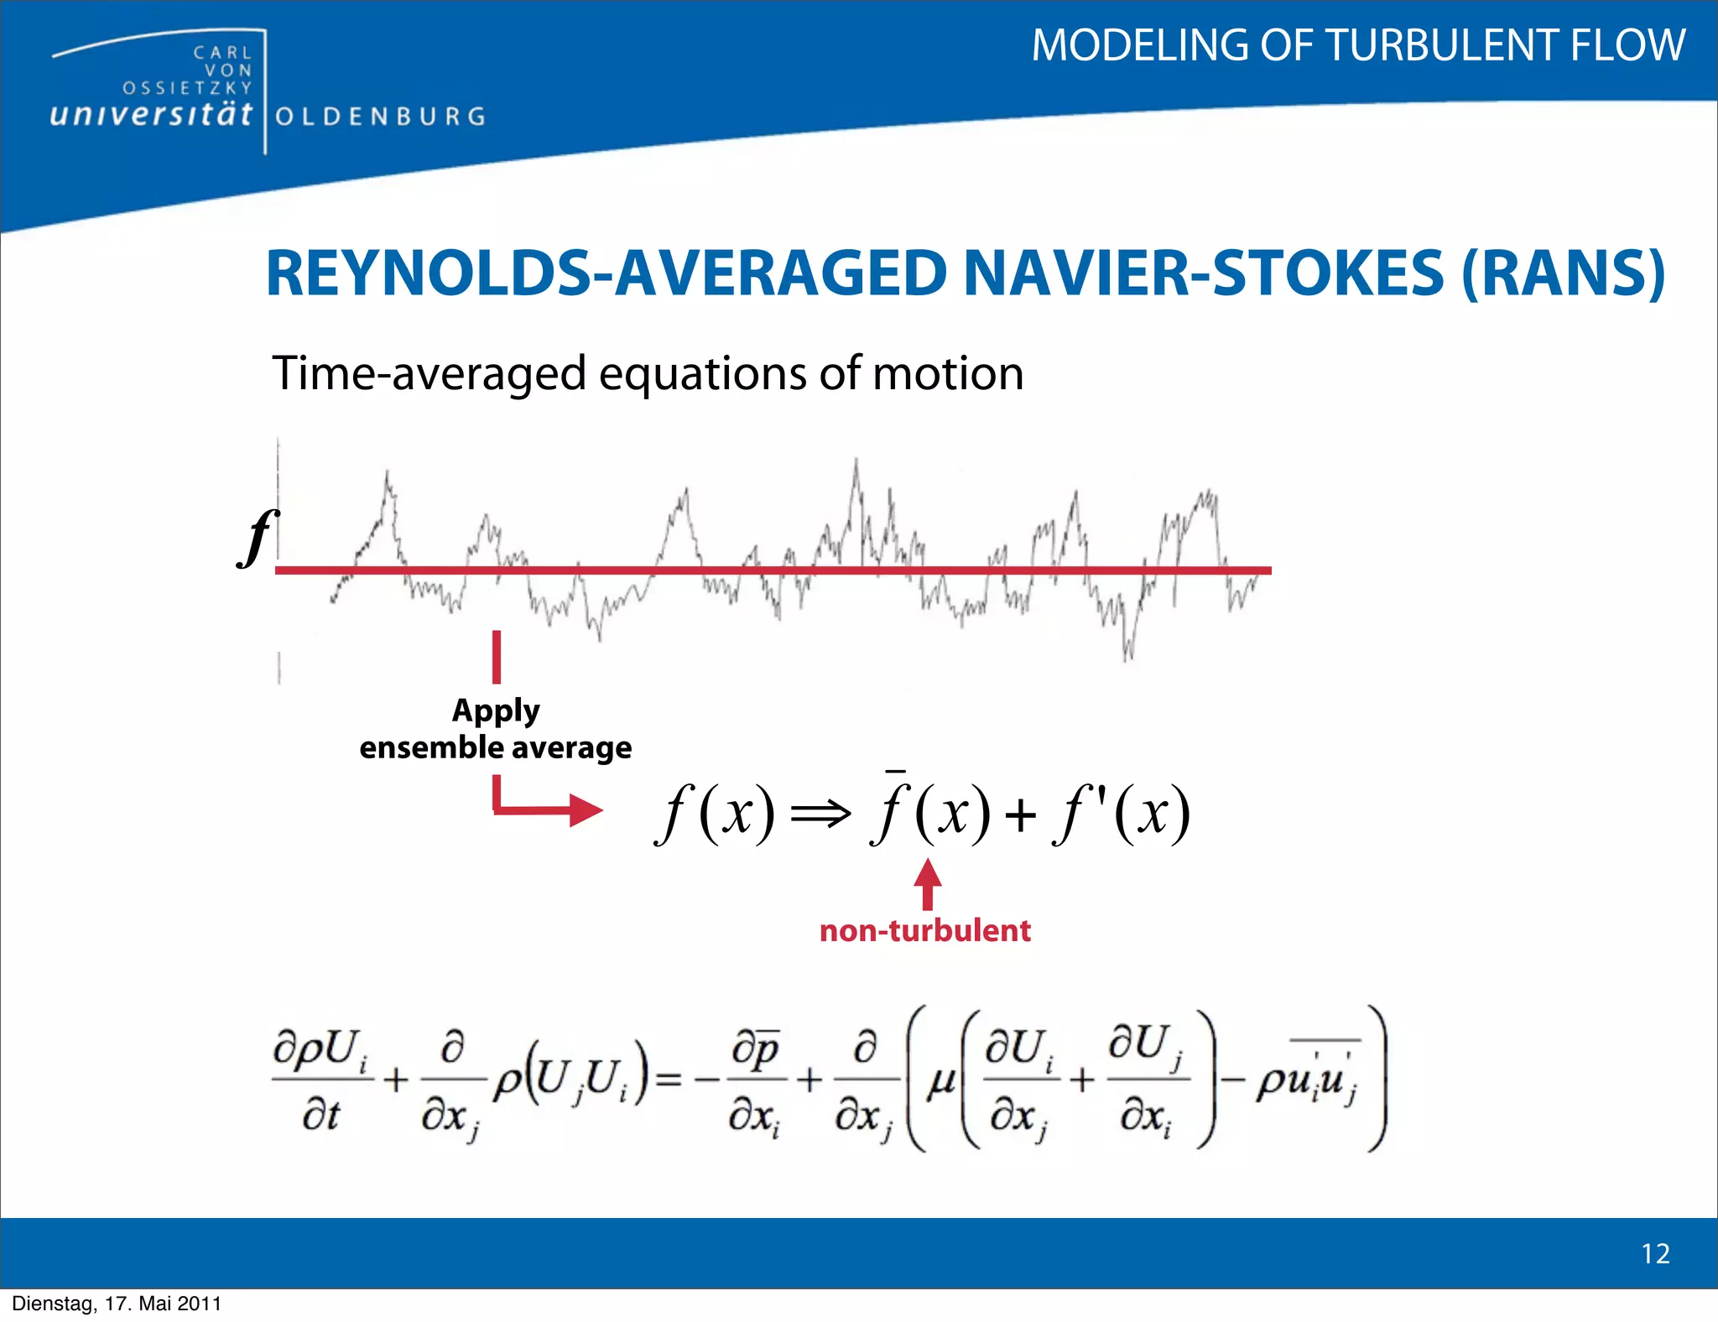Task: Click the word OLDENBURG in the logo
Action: pos(380,117)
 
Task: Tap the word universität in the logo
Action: pos(151,114)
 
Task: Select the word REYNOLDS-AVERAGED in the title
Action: pos(606,274)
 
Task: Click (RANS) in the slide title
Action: pos(1562,274)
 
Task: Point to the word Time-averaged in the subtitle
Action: pos(429,373)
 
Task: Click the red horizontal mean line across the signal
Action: pos(772,570)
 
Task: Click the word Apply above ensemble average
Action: pos(496,711)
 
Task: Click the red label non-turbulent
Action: pos(924,931)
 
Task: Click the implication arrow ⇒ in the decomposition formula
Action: pos(820,813)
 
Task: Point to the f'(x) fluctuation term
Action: pos(1121,812)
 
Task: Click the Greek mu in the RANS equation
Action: pos(941,1082)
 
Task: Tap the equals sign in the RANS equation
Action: pos(668,1080)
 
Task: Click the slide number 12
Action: pos(1655,1253)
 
